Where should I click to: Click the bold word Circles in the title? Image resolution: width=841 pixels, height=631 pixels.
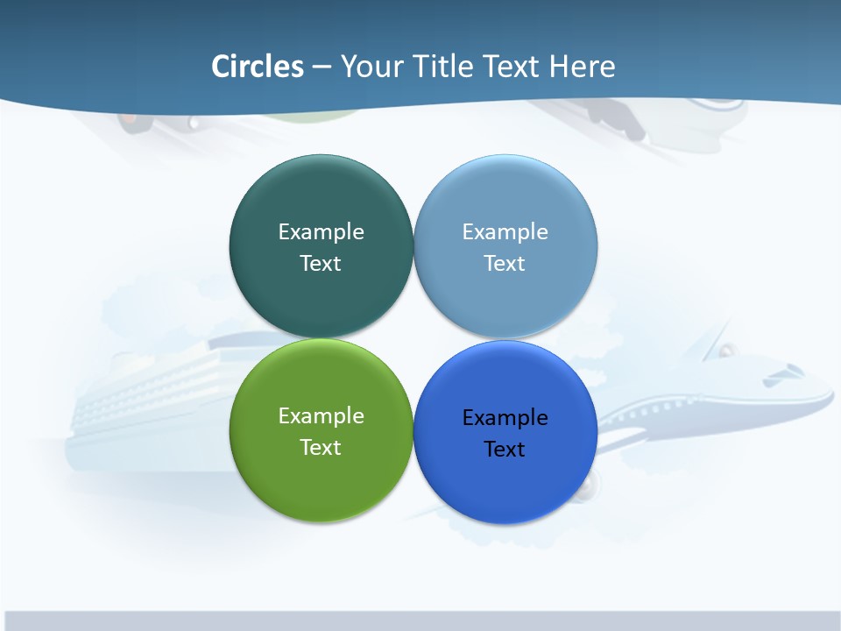click(258, 67)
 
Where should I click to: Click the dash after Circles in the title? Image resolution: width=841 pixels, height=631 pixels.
click(322, 67)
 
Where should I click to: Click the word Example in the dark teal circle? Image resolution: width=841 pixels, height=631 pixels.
click(321, 231)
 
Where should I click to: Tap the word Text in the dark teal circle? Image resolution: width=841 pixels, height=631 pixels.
click(321, 263)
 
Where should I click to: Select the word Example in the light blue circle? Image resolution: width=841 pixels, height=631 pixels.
click(505, 231)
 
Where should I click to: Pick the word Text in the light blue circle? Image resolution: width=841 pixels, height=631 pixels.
click(505, 263)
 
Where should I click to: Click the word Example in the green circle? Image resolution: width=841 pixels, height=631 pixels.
click(321, 415)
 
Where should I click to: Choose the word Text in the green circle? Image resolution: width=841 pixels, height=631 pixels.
click(321, 447)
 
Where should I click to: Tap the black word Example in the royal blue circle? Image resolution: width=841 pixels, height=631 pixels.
click(505, 417)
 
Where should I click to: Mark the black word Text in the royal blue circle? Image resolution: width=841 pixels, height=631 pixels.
click(505, 449)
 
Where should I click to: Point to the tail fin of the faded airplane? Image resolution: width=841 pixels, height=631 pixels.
click(714, 337)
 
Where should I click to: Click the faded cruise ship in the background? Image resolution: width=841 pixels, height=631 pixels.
click(149, 403)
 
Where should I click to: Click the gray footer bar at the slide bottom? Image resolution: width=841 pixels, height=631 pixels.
click(420, 620)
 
